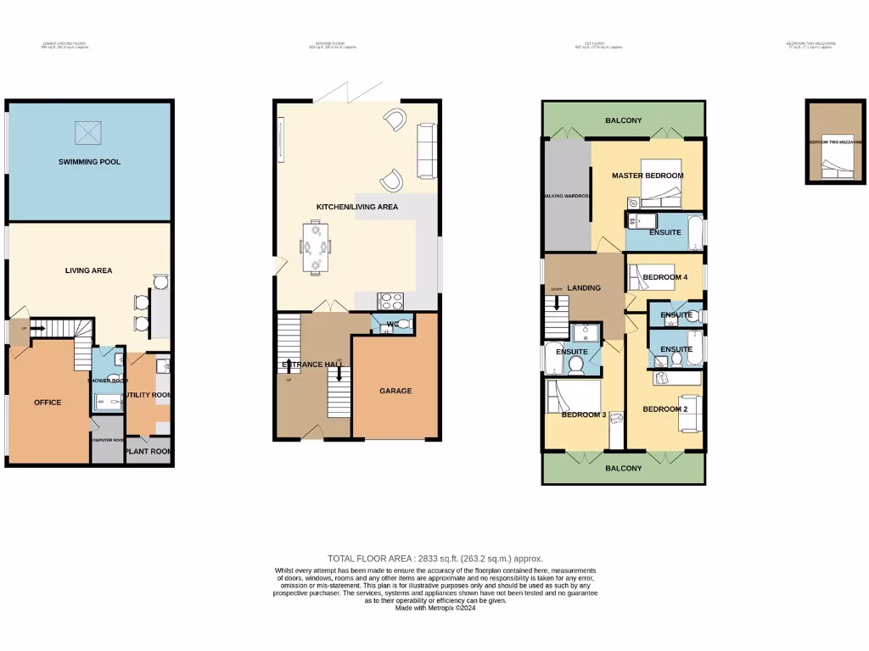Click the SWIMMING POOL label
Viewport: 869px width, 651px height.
[x=89, y=161]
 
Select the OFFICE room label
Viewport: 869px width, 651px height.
[x=48, y=402]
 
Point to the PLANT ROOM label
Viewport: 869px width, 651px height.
[x=149, y=452]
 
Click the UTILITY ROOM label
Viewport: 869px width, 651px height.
[x=149, y=395]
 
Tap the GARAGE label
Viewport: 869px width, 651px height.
[x=395, y=391]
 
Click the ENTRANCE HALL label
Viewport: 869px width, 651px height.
[x=313, y=364]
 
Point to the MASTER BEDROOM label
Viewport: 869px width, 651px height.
[x=648, y=175]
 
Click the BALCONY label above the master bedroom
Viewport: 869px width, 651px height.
[x=623, y=121]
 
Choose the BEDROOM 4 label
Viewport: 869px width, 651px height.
[x=664, y=277]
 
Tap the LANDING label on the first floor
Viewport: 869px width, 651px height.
[x=583, y=288]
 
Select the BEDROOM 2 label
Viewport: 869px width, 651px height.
[x=664, y=409]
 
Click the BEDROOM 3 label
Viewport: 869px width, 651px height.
[x=583, y=415]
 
